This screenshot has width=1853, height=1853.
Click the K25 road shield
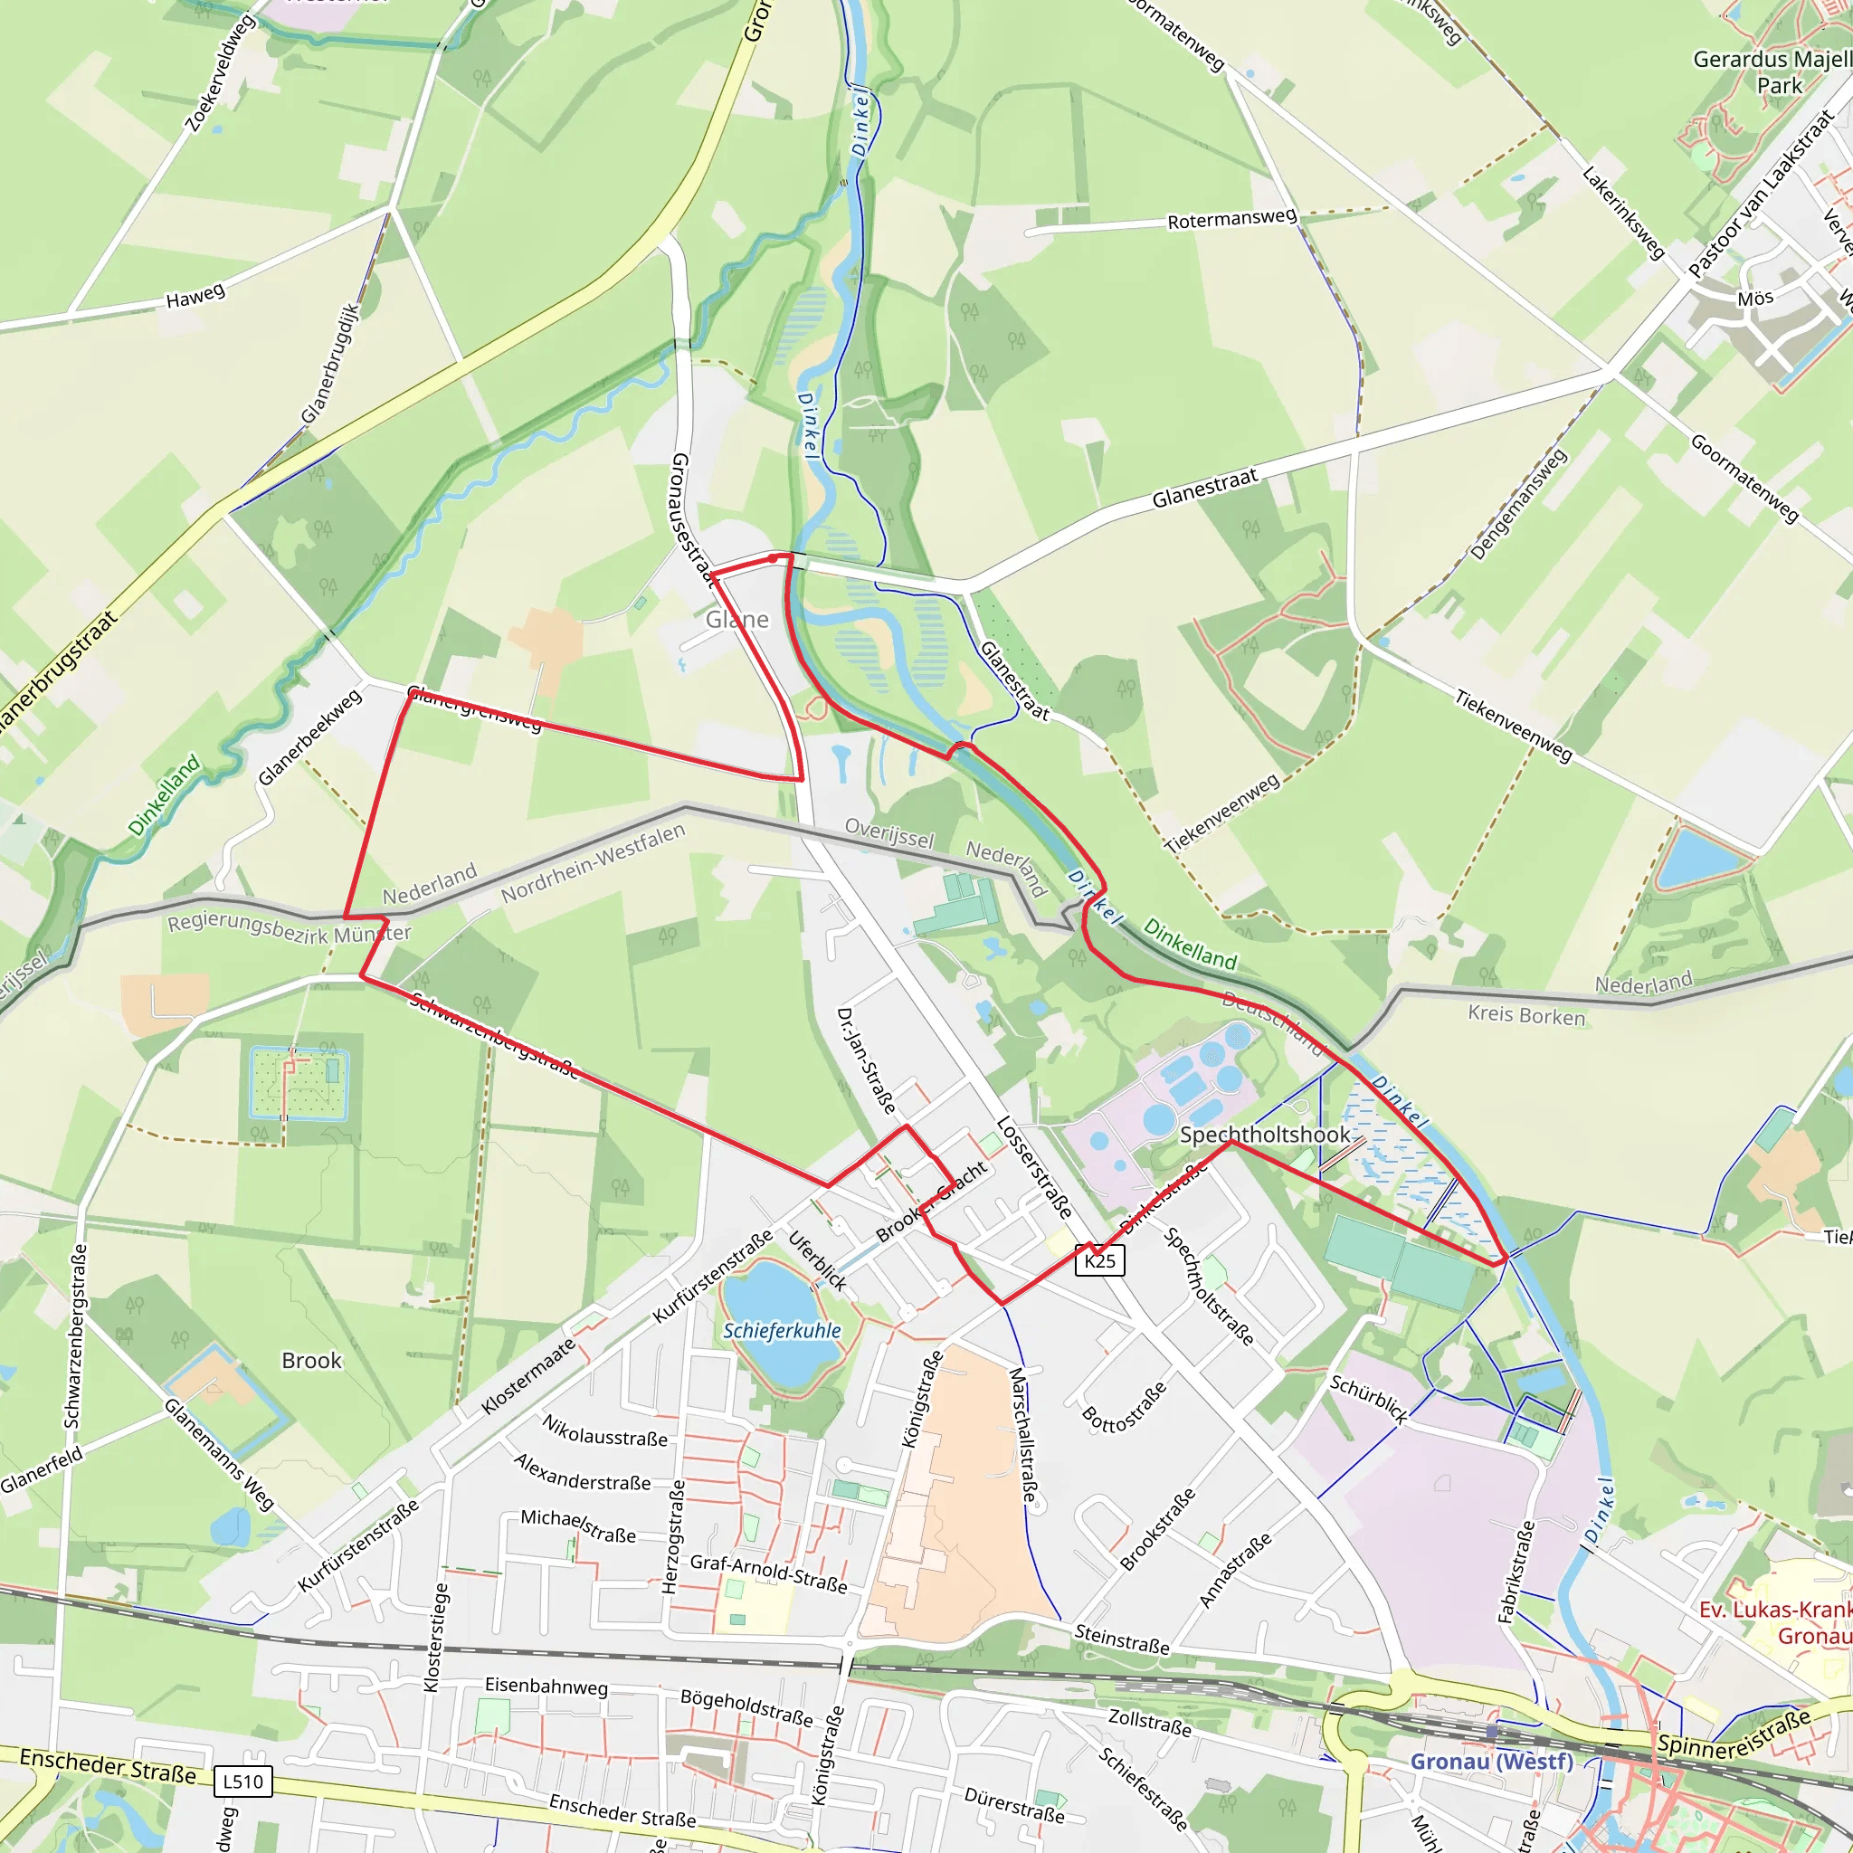[1100, 1260]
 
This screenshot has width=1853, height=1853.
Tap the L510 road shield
[242, 1781]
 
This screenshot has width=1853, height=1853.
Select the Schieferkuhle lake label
[782, 1331]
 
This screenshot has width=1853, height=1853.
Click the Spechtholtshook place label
[1264, 1135]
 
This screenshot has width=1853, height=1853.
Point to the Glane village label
[737, 620]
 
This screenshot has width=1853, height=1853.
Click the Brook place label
[312, 1361]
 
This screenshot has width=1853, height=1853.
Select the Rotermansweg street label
[1231, 219]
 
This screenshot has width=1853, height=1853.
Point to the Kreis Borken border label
[1527, 1015]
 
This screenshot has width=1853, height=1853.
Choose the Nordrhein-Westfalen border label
[594, 862]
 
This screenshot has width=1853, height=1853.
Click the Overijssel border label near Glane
[889, 832]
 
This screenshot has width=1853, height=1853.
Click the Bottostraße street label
[1124, 1407]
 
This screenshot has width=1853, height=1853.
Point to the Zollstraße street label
[1150, 1722]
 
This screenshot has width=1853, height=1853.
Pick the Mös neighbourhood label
[1755, 299]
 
